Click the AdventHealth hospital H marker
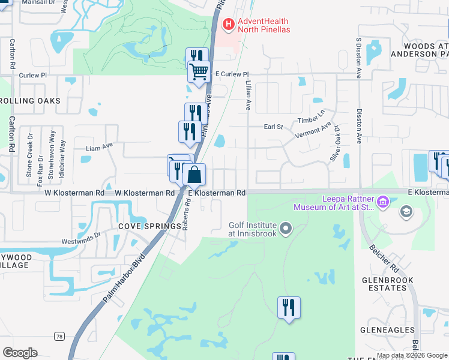point(229,25)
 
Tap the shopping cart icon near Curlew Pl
point(199,72)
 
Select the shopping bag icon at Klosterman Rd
point(194,175)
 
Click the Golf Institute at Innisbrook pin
point(286,229)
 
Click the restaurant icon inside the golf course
point(289,308)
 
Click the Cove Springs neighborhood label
point(149,226)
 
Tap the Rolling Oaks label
point(30,101)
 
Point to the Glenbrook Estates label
point(384,284)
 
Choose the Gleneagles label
point(387,330)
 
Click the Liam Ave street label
point(100,146)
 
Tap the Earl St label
point(273,127)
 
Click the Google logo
point(20,353)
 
